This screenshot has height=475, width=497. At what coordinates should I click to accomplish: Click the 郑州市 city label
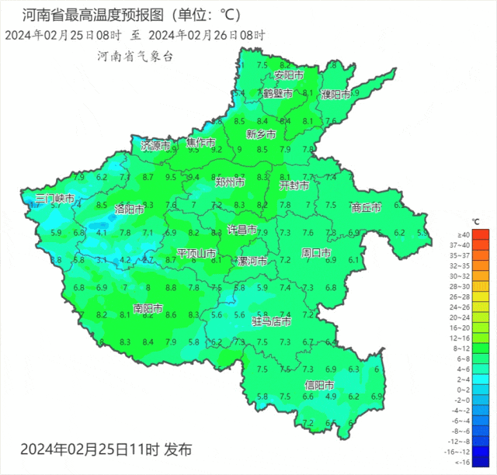pyautogui.click(x=230, y=182)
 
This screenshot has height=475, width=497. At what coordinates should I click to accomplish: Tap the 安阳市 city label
pyautogui.click(x=287, y=75)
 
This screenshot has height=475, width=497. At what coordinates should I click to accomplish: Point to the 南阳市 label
pyautogui.click(x=148, y=308)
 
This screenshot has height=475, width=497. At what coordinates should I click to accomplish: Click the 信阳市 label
pyautogui.click(x=318, y=385)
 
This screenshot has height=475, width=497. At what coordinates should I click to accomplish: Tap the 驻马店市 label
pyautogui.click(x=272, y=321)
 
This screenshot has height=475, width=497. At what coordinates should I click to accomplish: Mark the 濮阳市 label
pyautogui.click(x=335, y=94)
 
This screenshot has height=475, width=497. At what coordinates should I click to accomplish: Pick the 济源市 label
pyautogui.click(x=155, y=145)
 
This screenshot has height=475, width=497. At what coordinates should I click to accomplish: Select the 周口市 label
pyautogui.click(x=316, y=253)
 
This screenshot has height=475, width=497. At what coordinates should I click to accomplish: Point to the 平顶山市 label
pyautogui.click(x=196, y=253)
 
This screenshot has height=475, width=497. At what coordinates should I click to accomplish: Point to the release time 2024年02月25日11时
pyautogui.click(x=89, y=449)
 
